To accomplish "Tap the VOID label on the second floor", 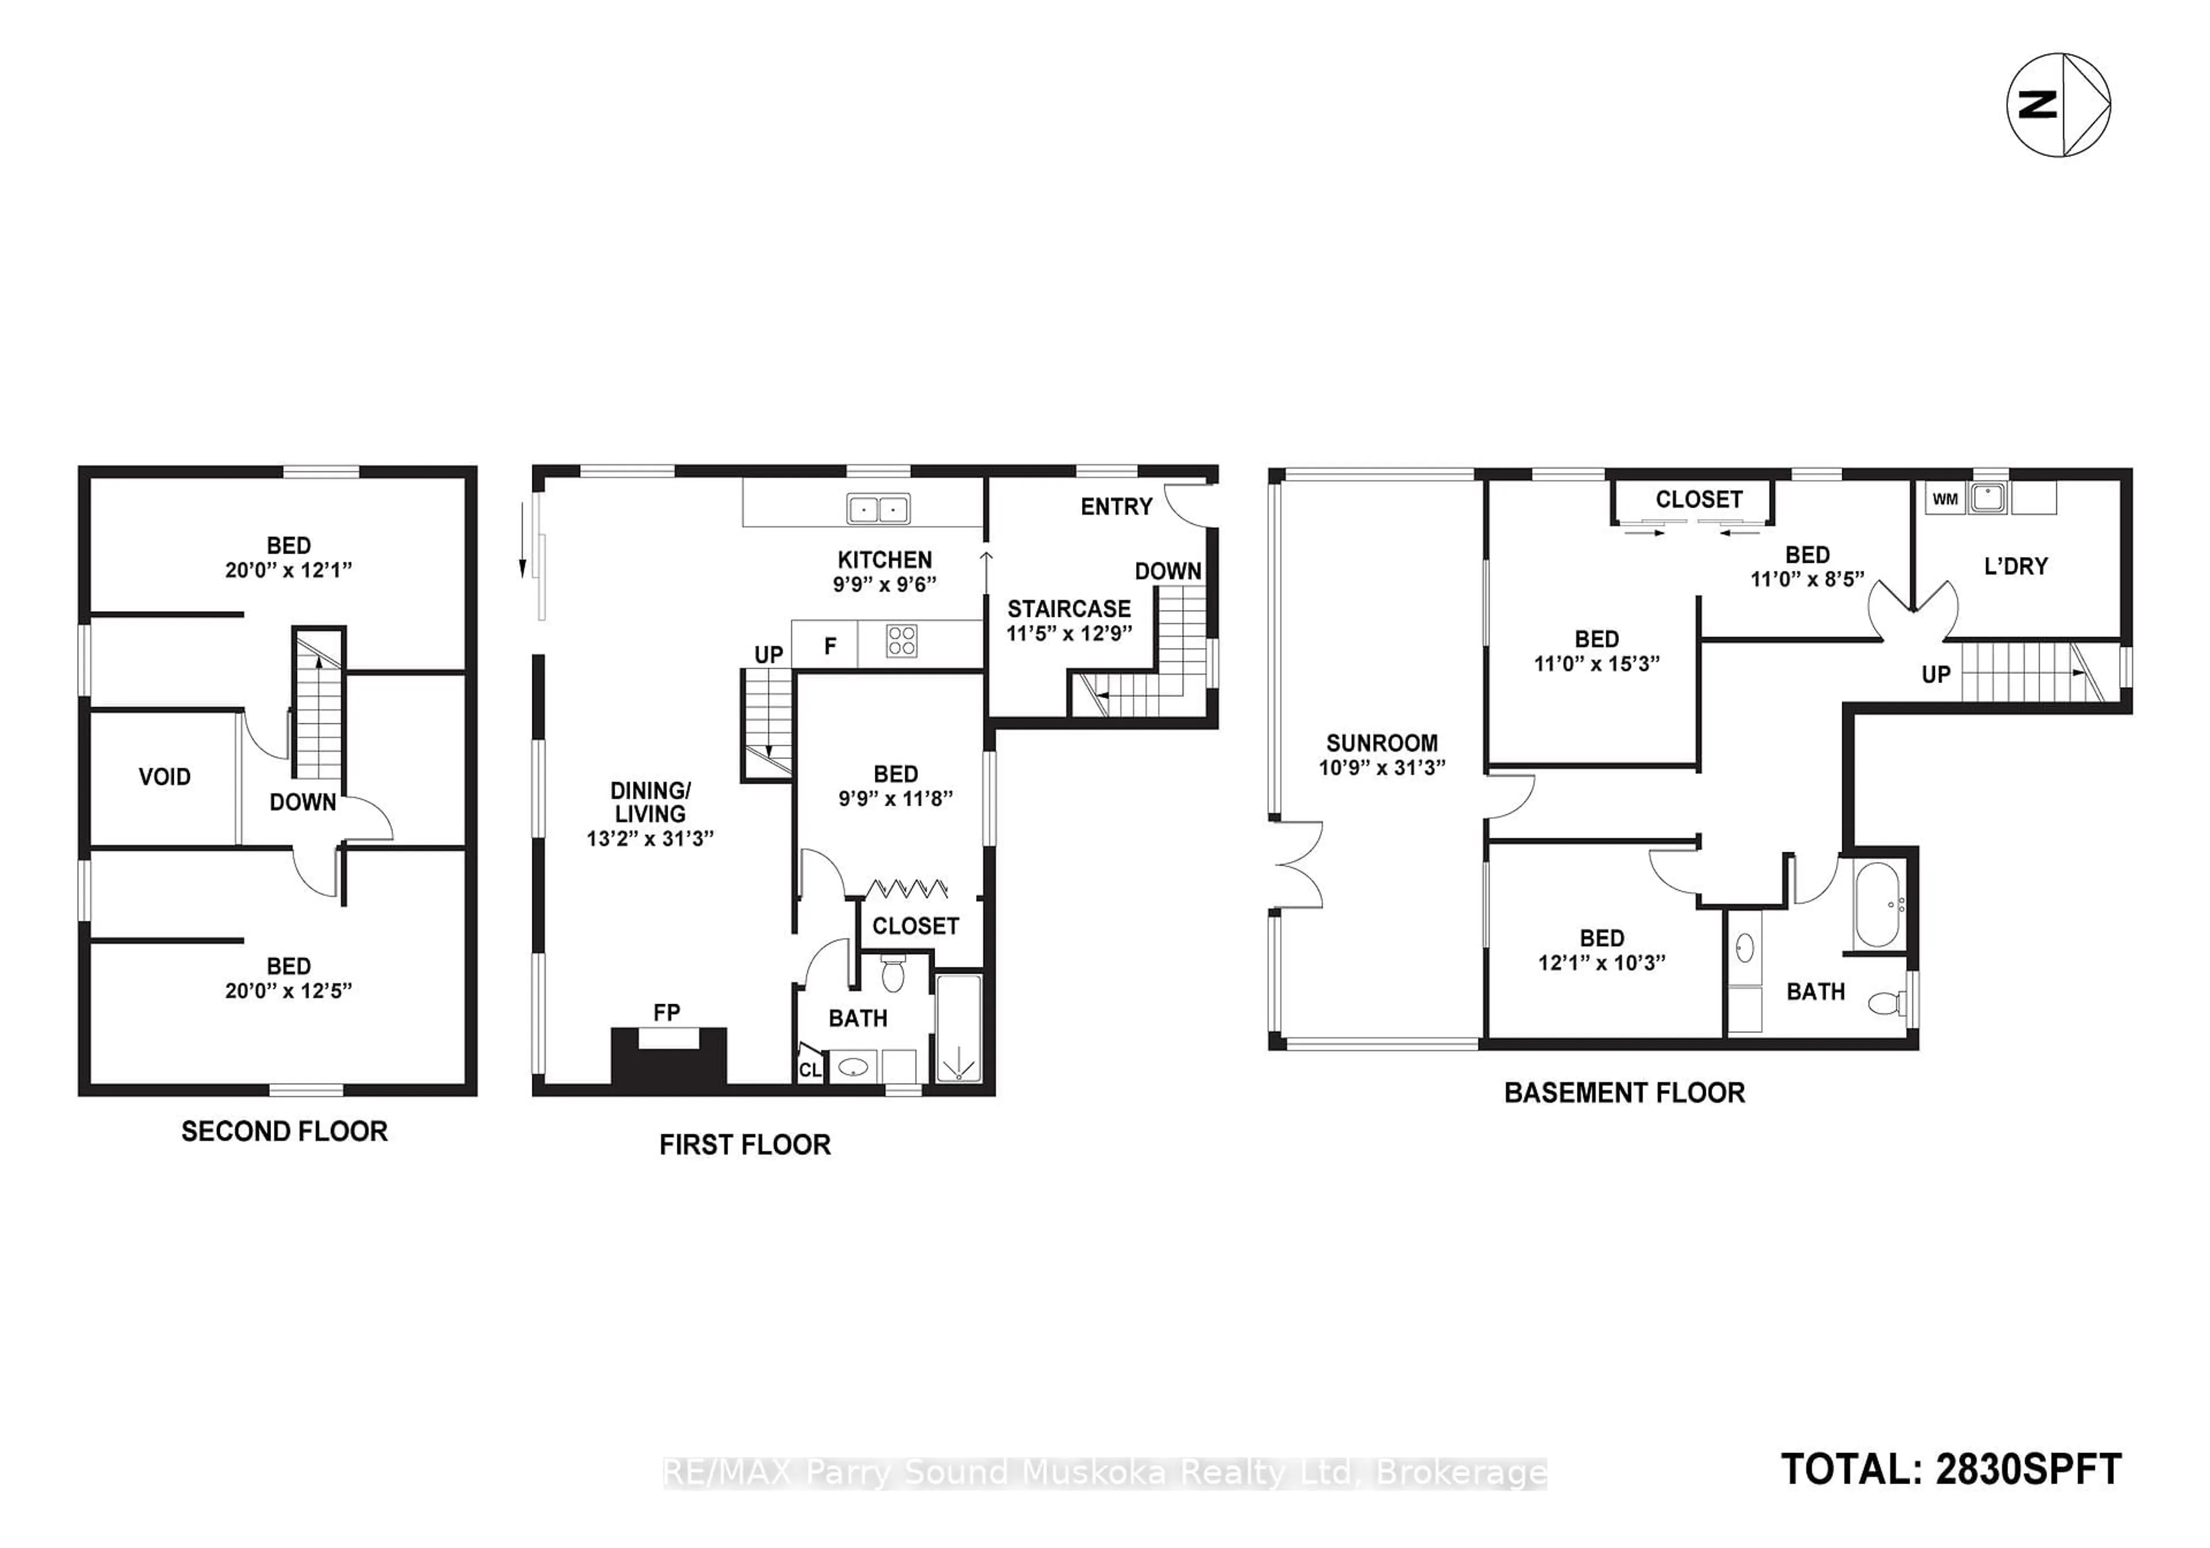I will pyautogui.click(x=165, y=777).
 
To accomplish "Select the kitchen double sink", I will pyautogui.click(x=878, y=508).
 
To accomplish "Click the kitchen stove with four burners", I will pyautogui.click(x=902, y=641).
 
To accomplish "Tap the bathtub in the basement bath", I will pyautogui.click(x=1877, y=905).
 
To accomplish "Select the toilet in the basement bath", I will pyautogui.click(x=1885, y=1005).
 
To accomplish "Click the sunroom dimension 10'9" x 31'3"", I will pyautogui.click(x=1381, y=767).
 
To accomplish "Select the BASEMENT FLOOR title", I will pyautogui.click(x=1624, y=1093).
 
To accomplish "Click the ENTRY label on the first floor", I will pyautogui.click(x=1115, y=506).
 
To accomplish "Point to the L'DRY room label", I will pyautogui.click(x=2015, y=566).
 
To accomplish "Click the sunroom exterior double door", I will pyautogui.click(x=1297, y=864).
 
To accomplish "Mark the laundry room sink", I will pyautogui.click(x=1987, y=498).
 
